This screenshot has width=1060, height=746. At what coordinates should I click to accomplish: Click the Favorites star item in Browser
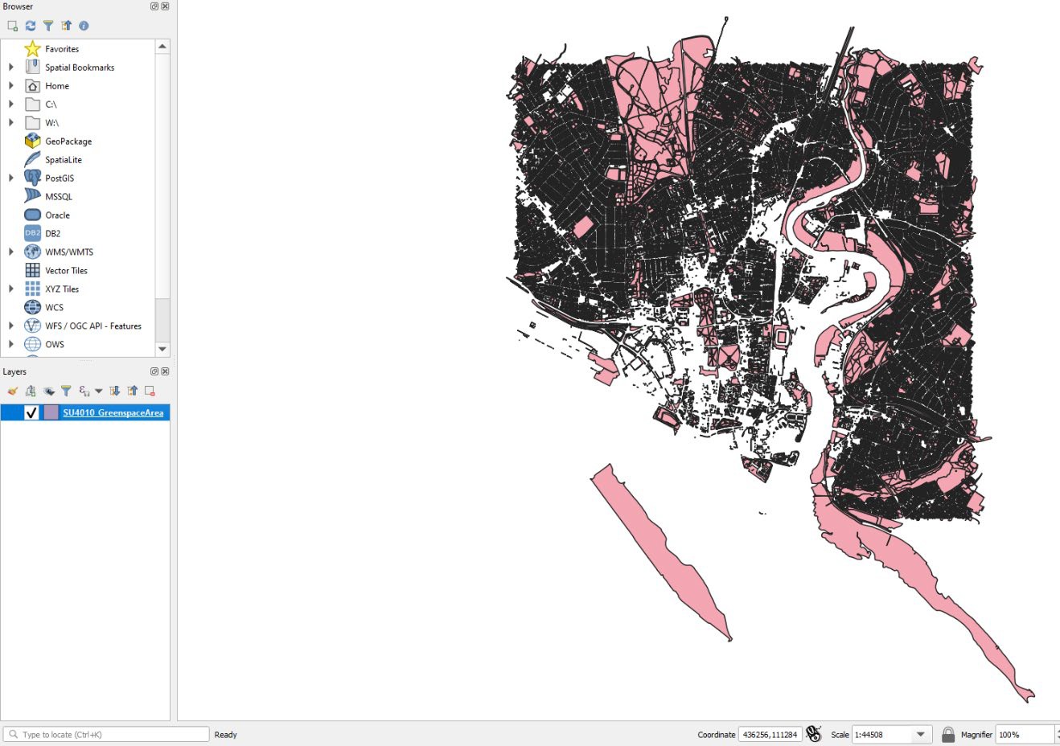[61, 49]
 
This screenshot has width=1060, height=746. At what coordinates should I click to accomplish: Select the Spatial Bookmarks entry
[79, 68]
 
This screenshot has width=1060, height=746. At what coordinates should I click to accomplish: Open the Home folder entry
[56, 86]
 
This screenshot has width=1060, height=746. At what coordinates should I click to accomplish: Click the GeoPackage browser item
[68, 141]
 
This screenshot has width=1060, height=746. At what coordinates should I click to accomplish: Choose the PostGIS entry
[59, 178]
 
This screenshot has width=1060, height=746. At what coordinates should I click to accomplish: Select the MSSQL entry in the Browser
[58, 197]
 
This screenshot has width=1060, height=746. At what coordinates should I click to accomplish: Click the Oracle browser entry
[57, 215]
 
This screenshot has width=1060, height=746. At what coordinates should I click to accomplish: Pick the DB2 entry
[52, 234]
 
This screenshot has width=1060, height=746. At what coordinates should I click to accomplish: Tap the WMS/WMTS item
[68, 252]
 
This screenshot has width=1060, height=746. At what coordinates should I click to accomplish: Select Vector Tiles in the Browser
[66, 271]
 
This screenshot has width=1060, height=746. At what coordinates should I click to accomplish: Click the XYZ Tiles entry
[62, 289]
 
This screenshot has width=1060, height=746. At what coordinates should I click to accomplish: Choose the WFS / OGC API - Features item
[92, 326]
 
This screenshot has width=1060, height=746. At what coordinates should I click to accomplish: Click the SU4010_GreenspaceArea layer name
[113, 413]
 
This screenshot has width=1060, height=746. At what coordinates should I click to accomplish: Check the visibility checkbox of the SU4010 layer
[31, 413]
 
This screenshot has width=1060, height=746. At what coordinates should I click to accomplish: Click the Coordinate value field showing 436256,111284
[769, 734]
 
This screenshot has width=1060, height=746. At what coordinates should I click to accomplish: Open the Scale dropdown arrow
[921, 734]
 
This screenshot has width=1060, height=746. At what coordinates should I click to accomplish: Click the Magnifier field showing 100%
[1023, 734]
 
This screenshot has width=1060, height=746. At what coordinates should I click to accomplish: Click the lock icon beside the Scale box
[948, 734]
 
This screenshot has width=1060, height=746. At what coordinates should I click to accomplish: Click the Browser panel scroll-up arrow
[162, 47]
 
